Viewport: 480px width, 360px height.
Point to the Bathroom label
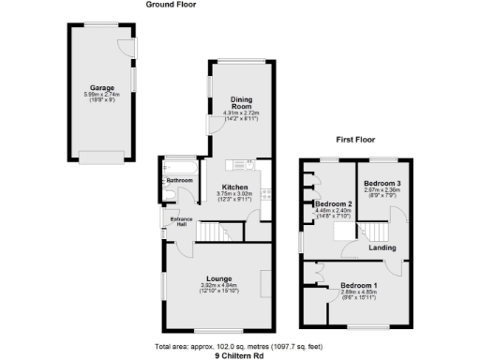point(178,179)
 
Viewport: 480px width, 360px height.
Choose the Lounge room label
point(220,278)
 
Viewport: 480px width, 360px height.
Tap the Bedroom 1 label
point(358,285)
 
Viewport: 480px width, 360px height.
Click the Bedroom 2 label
point(333,204)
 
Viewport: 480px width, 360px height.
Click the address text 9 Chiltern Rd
point(241,355)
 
